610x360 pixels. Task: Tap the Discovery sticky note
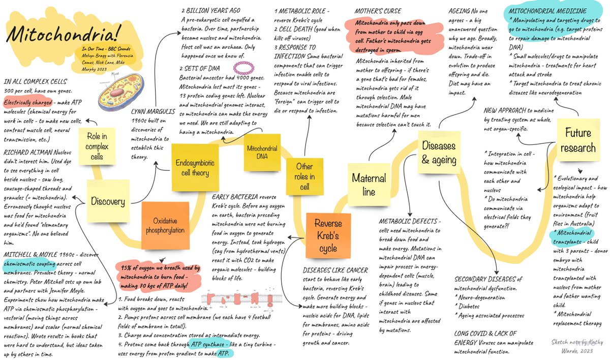coord(108,201)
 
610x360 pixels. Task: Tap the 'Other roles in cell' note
coord(304,175)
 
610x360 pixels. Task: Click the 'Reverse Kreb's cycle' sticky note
coord(328,236)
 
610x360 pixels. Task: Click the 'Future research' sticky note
coord(578,140)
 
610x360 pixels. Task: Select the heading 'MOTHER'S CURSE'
coord(378,11)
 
